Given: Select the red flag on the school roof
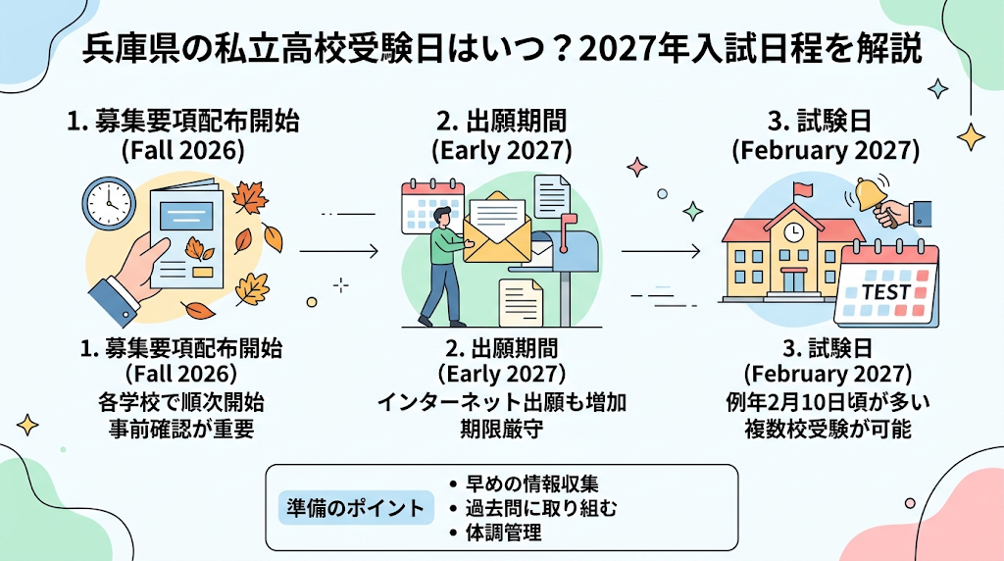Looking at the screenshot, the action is [x=803, y=189].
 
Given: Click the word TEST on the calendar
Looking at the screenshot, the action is [x=885, y=292].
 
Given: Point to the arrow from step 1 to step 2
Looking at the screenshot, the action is [x=339, y=251].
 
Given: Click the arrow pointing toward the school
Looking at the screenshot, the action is [x=661, y=251].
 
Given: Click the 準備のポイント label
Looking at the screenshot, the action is [x=355, y=508].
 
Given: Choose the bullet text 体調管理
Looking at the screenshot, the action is [x=503, y=533].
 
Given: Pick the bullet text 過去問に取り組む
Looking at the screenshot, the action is [x=541, y=508].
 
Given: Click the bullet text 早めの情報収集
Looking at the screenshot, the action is [x=532, y=484].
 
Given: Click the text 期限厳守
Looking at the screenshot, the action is [x=501, y=429].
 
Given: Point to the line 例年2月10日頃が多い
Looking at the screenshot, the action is [x=828, y=402].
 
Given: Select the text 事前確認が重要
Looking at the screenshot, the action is [x=181, y=429].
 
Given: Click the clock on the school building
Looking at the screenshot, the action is [x=794, y=231].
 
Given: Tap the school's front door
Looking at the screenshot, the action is [x=794, y=281].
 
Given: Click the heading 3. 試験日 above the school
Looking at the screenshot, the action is [x=826, y=121].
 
